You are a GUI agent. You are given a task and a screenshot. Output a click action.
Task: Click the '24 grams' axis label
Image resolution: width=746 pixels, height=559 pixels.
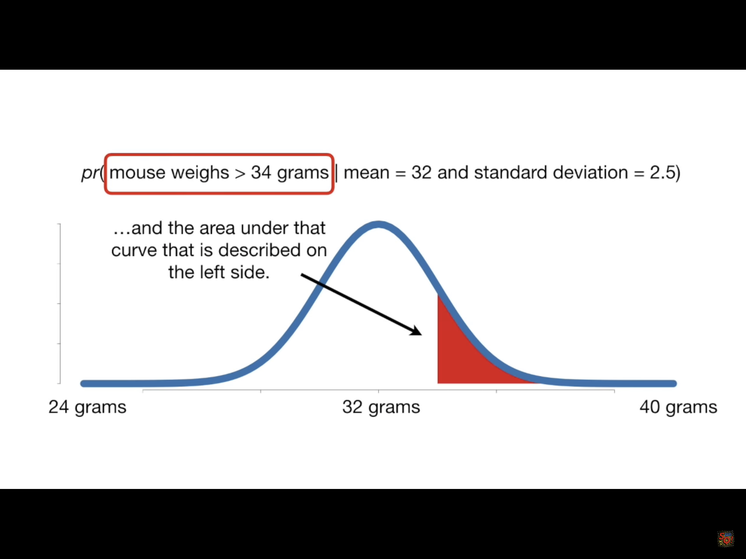(x=87, y=408)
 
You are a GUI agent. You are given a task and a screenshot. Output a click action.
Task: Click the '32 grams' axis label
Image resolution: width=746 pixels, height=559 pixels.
(x=381, y=408)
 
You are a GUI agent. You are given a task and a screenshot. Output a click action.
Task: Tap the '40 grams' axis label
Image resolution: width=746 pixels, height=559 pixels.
(x=678, y=408)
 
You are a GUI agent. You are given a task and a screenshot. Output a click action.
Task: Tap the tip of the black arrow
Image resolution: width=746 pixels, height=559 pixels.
(x=422, y=335)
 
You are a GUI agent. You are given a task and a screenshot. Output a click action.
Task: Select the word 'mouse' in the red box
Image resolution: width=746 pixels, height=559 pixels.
(x=138, y=173)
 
